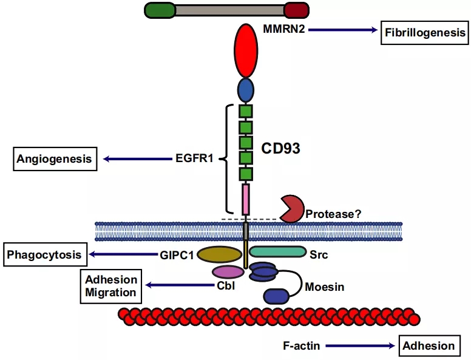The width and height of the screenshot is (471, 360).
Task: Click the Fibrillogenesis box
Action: point(425,32)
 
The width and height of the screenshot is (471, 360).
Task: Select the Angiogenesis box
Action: point(55,159)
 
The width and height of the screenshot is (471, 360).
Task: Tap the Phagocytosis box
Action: point(44,255)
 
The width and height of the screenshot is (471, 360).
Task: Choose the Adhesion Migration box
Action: point(110,286)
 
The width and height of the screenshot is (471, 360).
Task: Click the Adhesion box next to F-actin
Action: point(429,346)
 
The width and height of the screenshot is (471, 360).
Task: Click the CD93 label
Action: point(280,148)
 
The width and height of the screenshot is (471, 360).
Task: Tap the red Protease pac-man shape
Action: point(291,209)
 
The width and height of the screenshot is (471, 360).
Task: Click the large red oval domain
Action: point(245,51)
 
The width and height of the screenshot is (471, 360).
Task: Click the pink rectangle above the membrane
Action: point(245,200)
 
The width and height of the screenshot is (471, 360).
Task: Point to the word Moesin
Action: point(325,287)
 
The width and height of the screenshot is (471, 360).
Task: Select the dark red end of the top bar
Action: point(297,10)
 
